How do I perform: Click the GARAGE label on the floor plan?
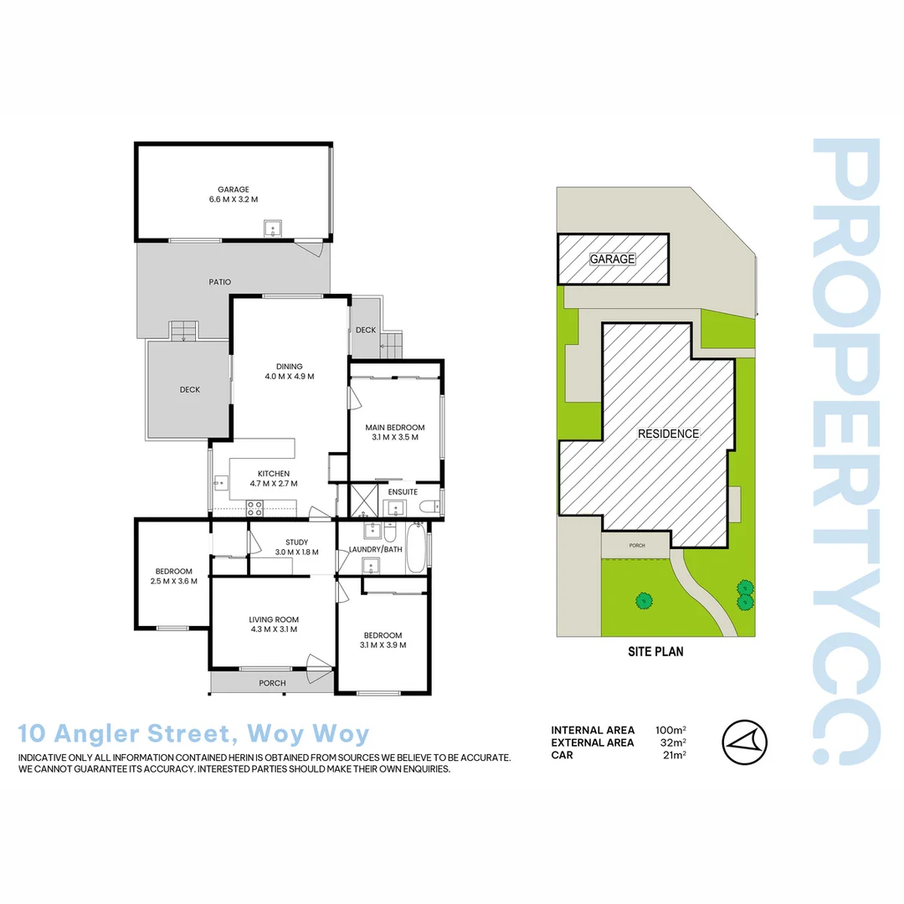point(234,189)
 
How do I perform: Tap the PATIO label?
point(220,282)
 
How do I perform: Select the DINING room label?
point(289,366)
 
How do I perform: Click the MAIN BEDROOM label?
point(395,428)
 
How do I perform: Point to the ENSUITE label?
point(403,492)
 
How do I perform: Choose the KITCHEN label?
point(274,474)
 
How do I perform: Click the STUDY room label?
point(297,542)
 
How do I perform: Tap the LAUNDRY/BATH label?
point(376,550)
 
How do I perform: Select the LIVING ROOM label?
point(274,619)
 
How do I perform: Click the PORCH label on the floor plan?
point(272,683)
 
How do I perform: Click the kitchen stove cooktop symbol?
point(254,506)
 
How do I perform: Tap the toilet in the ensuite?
point(429,506)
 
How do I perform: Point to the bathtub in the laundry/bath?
point(415,548)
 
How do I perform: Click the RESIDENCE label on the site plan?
point(668,434)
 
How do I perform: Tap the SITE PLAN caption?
point(656,651)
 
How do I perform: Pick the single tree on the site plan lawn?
point(644,599)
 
